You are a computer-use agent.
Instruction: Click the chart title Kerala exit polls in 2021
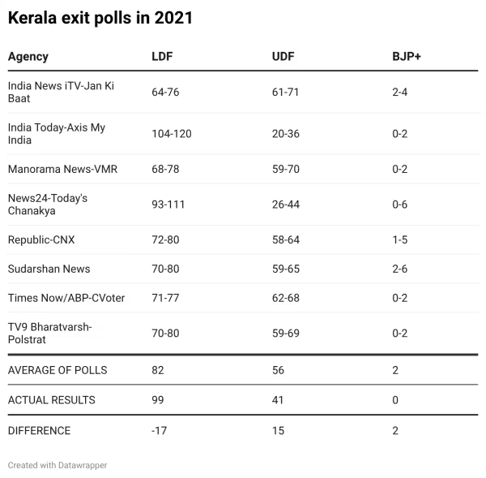pyautogui.click(x=100, y=18)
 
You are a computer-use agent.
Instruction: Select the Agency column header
pyautogui.click(x=28, y=57)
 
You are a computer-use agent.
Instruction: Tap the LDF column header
pyautogui.click(x=162, y=57)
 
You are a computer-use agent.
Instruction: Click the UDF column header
pyautogui.click(x=283, y=57)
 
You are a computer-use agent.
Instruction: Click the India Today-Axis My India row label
pyautogui.click(x=57, y=134)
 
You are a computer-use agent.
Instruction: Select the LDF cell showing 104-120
pyautogui.click(x=171, y=134)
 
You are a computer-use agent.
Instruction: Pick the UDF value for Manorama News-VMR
pyautogui.click(x=285, y=170)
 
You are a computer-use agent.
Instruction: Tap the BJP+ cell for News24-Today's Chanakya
pyautogui.click(x=399, y=205)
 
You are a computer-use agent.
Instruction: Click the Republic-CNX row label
pyautogui.click(x=41, y=240)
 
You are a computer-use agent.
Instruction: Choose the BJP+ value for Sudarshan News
pyautogui.click(x=399, y=269)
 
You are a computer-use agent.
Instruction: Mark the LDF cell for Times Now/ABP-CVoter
pyautogui.click(x=165, y=298)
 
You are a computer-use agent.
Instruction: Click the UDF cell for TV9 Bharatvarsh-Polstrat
pyautogui.click(x=285, y=334)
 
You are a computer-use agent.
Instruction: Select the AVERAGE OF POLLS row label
pyautogui.click(x=58, y=370)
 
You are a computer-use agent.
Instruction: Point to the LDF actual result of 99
pyautogui.click(x=158, y=400)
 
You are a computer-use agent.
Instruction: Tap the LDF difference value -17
pyautogui.click(x=159, y=431)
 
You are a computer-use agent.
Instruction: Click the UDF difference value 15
pyautogui.click(x=278, y=431)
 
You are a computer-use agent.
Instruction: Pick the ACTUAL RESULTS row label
pyautogui.click(x=51, y=400)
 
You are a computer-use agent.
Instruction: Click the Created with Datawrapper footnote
pyautogui.click(x=58, y=466)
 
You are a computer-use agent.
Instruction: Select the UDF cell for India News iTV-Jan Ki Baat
pyautogui.click(x=285, y=92)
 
